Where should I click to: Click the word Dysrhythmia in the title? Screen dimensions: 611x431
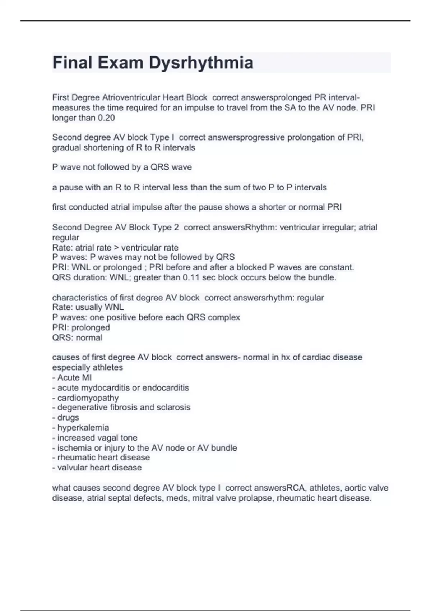201,63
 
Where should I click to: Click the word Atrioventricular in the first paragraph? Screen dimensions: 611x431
131,97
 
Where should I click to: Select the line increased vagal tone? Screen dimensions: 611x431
95,438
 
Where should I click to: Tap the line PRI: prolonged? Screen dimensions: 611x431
81,327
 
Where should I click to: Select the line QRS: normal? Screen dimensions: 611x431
77,337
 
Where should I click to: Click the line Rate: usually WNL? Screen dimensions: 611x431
88,307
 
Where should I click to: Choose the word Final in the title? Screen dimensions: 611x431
73,63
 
